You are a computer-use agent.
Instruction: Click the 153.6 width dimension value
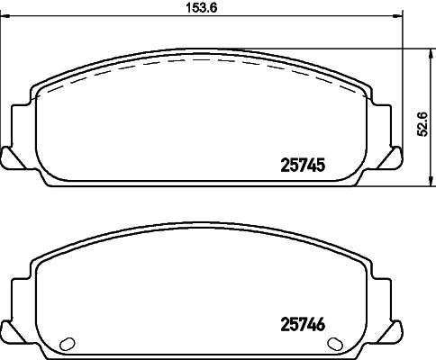tap(201, 8)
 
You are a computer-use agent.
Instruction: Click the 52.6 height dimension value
tap(422, 124)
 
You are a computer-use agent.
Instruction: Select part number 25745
tap(303, 166)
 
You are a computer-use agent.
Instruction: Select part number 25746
tap(303, 325)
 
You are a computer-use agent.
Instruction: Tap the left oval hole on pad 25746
tap(68, 344)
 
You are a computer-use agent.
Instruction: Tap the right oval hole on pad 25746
tap(335, 344)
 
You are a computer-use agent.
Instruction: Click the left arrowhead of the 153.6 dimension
tap(5, 16)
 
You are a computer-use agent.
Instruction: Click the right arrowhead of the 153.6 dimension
tap(397, 16)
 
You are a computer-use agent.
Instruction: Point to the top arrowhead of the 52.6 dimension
tap(431, 54)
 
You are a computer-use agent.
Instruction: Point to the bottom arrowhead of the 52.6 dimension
tap(431, 181)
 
